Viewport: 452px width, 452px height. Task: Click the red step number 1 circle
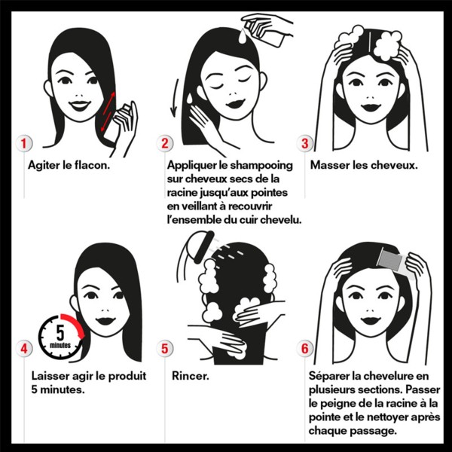tap(23, 143)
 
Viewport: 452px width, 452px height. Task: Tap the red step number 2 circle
tap(164, 143)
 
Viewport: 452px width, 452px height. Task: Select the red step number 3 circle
tap(305, 143)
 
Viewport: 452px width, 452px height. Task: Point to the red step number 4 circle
tap(23, 348)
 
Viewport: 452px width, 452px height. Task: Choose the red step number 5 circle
tap(164, 348)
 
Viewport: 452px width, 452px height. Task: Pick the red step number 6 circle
tap(305, 348)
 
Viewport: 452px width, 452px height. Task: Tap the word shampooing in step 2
tap(261, 166)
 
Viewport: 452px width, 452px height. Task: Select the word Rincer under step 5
tap(191, 376)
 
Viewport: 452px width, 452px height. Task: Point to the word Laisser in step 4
tap(50, 376)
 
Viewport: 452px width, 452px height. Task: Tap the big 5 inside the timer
tap(60, 333)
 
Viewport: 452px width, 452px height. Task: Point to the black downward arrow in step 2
tap(175, 98)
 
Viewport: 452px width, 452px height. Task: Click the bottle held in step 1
tap(117, 124)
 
